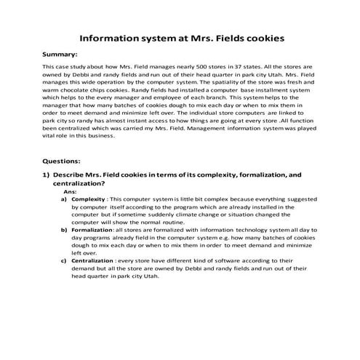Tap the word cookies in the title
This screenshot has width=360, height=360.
coord(260,36)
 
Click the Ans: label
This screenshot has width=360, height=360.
coord(71,191)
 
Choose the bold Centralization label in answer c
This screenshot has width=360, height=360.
coord(92,260)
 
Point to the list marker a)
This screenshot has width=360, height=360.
coord(64,199)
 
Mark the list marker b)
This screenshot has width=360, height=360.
coord(64,229)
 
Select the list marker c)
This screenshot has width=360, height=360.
coord(64,260)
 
